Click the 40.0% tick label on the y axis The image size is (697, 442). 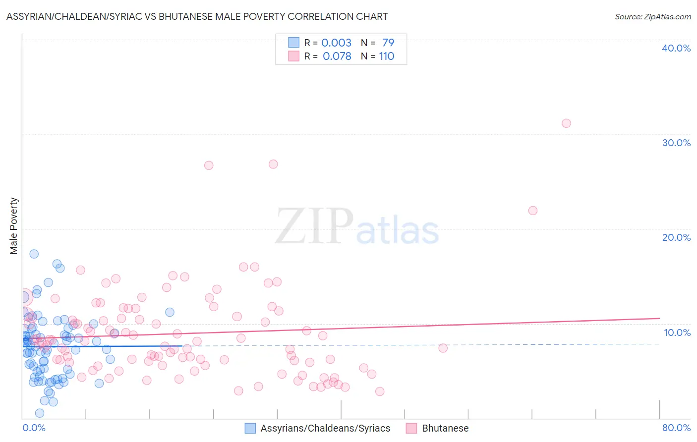pos(676,48)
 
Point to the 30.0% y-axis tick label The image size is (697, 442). pos(676,143)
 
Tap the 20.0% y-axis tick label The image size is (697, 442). pos(676,237)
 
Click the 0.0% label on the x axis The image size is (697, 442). pos(34,428)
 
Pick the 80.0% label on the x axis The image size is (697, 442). pos(676,428)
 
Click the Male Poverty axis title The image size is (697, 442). pos(14,226)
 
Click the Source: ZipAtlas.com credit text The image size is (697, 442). pos(652,16)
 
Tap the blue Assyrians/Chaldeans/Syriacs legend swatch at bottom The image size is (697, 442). pos(250,428)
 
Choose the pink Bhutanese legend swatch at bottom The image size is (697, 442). pos(411,428)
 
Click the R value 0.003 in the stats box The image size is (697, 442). pos(336,43)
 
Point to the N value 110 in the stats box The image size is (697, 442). pos(387,56)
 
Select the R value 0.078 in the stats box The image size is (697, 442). pos(337,56)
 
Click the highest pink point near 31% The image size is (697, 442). pos(566,123)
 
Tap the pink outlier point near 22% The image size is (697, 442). pos(533,211)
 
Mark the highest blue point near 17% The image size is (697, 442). pos(34,254)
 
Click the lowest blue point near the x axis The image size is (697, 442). pos(40,413)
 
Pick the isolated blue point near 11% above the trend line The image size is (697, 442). pos(170,312)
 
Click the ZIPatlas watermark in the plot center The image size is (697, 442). pos(357,227)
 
